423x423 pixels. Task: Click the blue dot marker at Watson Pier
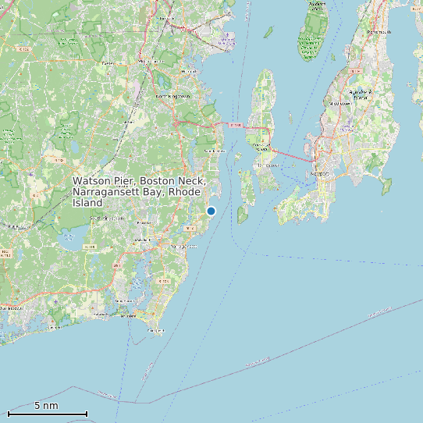[x=211, y=211]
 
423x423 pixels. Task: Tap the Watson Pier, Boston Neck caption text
[x=137, y=191]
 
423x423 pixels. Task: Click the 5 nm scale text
[x=46, y=406]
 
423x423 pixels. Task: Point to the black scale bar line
[x=47, y=414]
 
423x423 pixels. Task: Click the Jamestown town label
[x=268, y=165]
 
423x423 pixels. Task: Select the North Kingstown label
[x=173, y=96]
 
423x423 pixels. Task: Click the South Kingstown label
[x=107, y=219]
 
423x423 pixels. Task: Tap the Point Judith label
[x=156, y=331]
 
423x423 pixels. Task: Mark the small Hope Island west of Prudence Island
[x=268, y=32]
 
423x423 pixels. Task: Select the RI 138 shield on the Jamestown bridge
[x=235, y=124]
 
